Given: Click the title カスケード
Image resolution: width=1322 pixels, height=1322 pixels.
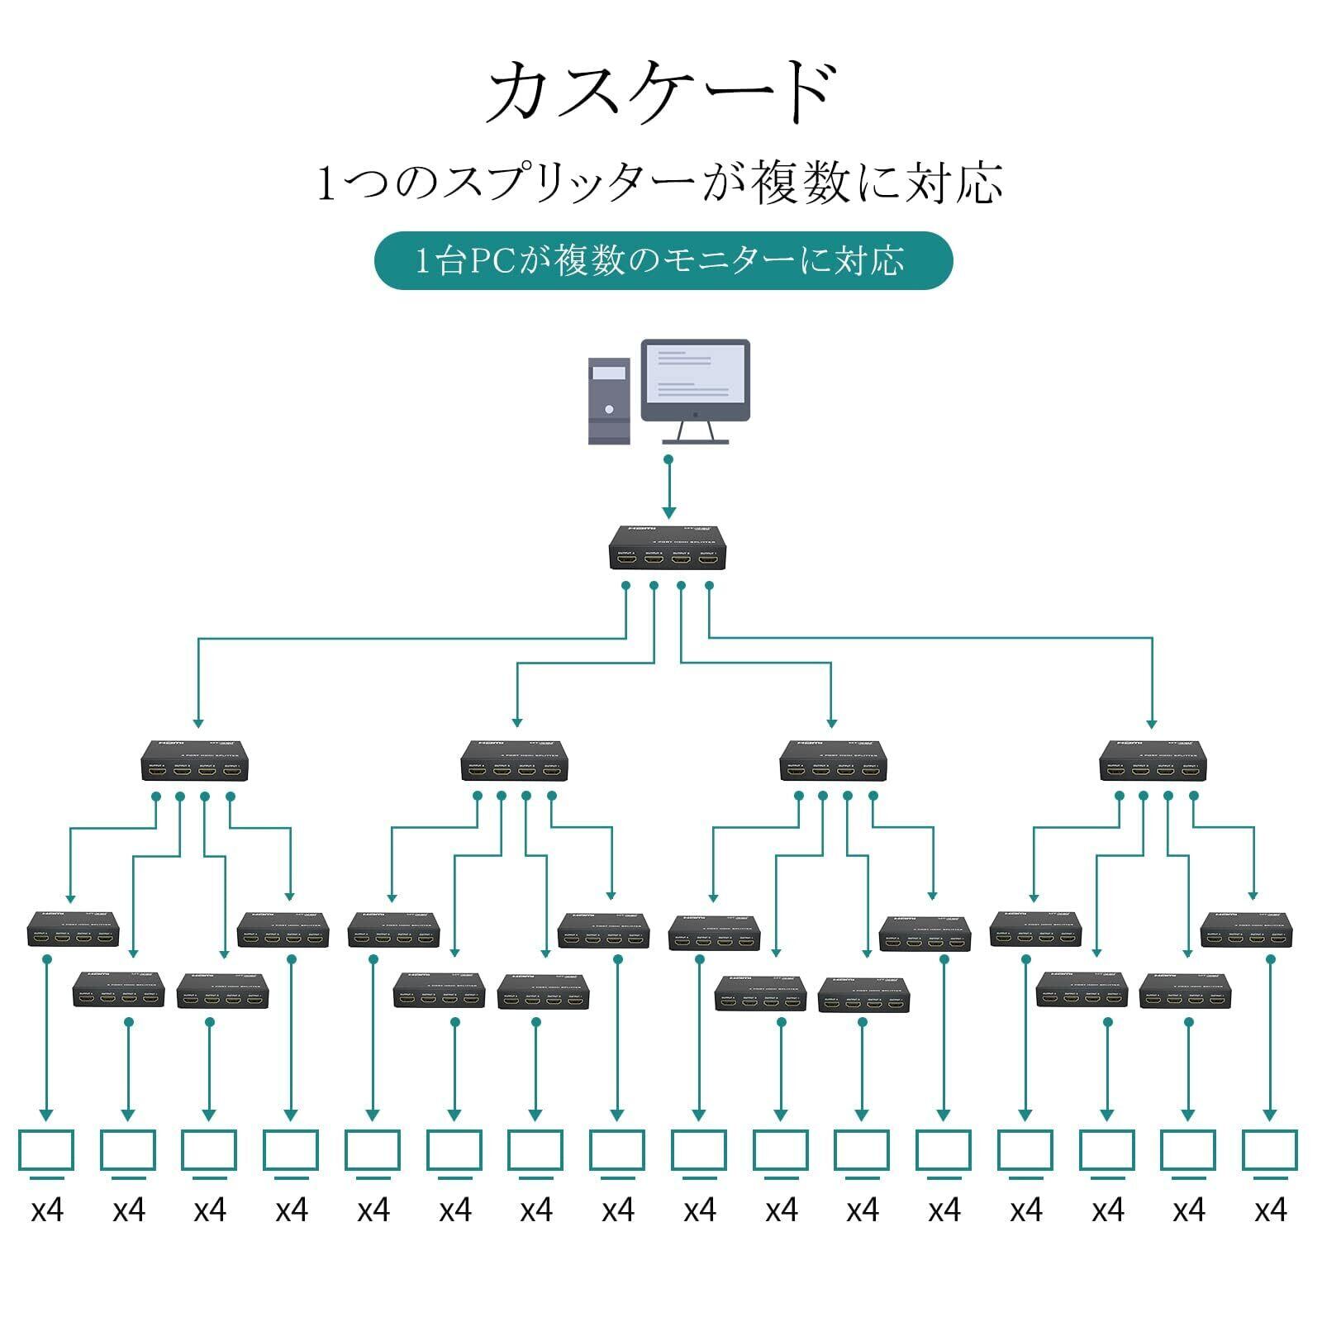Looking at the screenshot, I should pyautogui.click(x=661, y=93).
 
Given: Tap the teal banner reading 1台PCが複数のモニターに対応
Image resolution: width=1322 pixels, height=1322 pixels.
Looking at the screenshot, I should pyautogui.click(x=663, y=261).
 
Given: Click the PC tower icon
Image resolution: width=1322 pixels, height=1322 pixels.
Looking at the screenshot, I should pyautogui.click(x=609, y=402).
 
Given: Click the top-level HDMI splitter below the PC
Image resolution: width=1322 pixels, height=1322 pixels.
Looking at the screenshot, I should pyautogui.click(x=668, y=548).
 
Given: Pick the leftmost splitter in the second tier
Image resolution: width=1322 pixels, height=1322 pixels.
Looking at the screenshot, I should pyautogui.click(x=195, y=760).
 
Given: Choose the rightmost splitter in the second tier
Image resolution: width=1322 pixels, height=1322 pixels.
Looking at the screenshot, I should pyautogui.click(x=1153, y=760).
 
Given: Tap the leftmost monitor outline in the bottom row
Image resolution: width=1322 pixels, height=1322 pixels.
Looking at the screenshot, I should pyautogui.click(x=46, y=1151).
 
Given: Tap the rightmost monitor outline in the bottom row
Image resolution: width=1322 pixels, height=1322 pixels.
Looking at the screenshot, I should pyautogui.click(x=1270, y=1151).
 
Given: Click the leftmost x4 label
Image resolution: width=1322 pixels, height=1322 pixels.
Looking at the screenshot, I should pyautogui.click(x=47, y=1211).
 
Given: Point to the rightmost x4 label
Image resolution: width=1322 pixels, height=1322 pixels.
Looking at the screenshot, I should pyautogui.click(x=1271, y=1211).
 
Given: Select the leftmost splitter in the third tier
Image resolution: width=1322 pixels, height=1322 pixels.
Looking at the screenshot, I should pyautogui.click(x=73, y=930).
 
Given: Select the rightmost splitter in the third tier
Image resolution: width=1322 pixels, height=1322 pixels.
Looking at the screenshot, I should pyautogui.click(x=1246, y=930).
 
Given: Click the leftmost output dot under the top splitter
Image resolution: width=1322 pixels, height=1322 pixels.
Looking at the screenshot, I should pyautogui.click(x=625, y=586).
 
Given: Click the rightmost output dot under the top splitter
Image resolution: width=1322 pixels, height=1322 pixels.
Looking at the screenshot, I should pyautogui.click(x=709, y=586).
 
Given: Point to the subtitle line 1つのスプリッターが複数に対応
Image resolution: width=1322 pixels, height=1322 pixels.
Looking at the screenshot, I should pyautogui.click(x=661, y=183).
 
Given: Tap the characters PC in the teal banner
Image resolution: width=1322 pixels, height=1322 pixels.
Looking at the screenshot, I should pyautogui.click(x=493, y=262).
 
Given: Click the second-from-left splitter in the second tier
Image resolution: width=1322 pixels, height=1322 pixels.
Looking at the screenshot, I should pyautogui.click(x=514, y=760).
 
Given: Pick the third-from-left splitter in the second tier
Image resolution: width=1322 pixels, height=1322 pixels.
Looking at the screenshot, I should pyautogui.click(x=833, y=760).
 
